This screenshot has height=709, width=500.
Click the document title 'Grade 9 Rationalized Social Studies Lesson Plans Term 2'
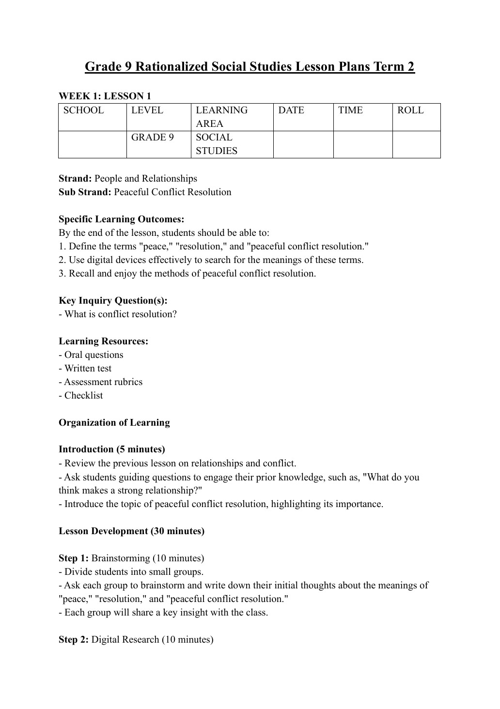[x=250, y=66]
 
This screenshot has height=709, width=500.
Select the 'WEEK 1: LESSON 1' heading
[x=105, y=96]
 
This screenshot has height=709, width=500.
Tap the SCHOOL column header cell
[x=84, y=110]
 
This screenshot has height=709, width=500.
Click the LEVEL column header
[x=147, y=110]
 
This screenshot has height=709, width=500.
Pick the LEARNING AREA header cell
[x=221, y=117]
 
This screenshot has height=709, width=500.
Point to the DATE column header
[x=291, y=110]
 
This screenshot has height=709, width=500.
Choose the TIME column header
[x=350, y=110]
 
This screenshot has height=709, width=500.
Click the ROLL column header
[x=410, y=110]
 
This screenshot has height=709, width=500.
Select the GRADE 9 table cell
[x=153, y=138]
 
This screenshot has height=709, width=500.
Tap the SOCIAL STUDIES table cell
[x=217, y=144]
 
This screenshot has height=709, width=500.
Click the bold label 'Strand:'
[x=75, y=179]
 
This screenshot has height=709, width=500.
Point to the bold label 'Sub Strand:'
[x=85, y=192]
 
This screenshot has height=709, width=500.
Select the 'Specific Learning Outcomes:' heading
[x=122, y=219]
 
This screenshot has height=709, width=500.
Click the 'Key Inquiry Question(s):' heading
[x=113, y=301]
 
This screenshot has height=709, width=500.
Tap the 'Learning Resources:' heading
[x=104, y=341]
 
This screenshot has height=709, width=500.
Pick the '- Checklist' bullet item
[x=81, y=396]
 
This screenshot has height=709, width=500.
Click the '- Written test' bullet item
[x=85, y=369]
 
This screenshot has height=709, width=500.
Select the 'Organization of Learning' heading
[x=114, y=423]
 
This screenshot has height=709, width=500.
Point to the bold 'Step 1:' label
[x=74, y=558]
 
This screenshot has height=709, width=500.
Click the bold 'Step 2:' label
[x=74, y=640]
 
